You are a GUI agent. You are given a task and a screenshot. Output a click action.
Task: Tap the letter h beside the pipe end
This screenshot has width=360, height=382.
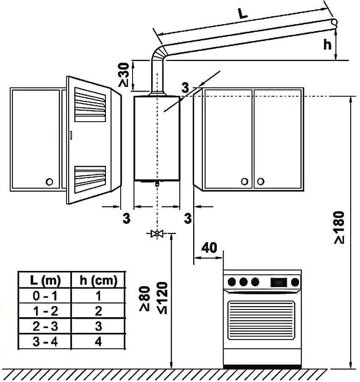(x=327, y=44)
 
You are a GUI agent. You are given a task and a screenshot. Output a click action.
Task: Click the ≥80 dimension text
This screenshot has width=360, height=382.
(x=145, y=299)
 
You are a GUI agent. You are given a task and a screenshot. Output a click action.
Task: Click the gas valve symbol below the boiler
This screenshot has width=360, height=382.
(x=157, y=234)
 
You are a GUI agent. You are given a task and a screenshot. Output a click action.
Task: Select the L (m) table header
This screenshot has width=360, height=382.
(x=45, y=280)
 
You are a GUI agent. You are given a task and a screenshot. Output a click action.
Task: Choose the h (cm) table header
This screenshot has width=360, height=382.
(x=98, y=280)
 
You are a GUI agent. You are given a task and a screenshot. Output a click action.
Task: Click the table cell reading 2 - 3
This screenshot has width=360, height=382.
(x=45, y=326)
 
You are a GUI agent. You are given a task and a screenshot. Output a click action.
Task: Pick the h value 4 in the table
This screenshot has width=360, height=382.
(x=98, y=342)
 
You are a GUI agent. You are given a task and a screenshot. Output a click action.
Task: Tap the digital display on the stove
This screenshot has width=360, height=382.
(x=278, y=281)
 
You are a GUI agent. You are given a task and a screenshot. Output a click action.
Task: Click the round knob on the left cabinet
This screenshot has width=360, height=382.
(x=49, y=181)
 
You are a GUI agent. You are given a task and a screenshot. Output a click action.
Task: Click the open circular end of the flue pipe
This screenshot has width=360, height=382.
(x=334, y=22)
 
